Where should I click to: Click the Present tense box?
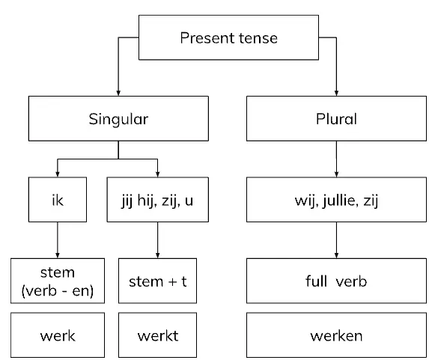coord(228,37)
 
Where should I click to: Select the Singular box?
coord(118,118)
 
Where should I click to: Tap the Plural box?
coord(336,118)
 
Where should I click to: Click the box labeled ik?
coord(58,199)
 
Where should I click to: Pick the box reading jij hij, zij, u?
coord(157,199)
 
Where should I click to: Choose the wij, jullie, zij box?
coord(336,199)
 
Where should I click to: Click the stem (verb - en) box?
coord(58,281)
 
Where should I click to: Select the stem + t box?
coord(157,281)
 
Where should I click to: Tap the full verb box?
coord(336,281)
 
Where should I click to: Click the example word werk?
coord(58,336)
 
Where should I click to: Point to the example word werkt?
coord(158,336)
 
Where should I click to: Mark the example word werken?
coord(336,336)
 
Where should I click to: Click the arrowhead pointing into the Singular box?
coord(118,93)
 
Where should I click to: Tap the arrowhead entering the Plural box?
coord(336,93)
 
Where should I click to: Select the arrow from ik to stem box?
coord(58,240)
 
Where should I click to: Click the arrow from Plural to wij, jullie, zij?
coord(336,159)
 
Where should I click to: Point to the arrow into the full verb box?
coord(336,240)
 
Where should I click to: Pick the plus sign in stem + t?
coord(172,281)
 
